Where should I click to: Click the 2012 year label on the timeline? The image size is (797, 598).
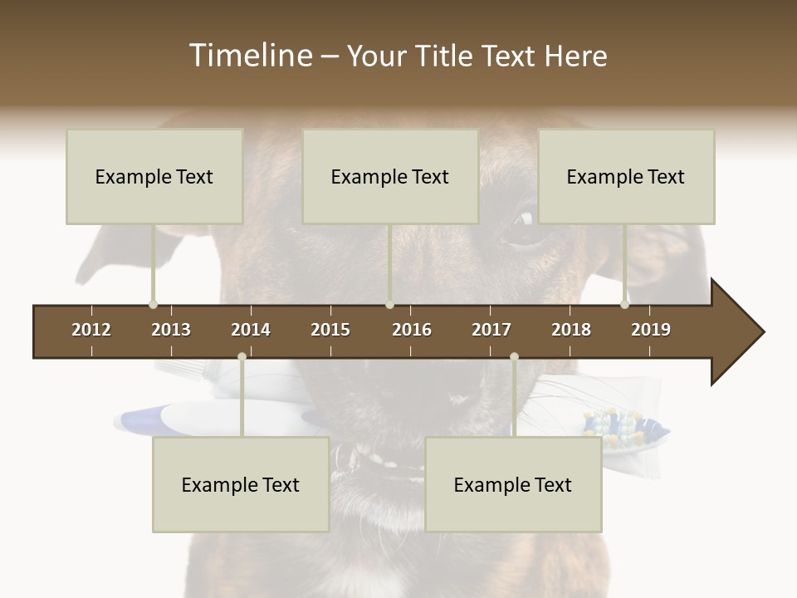tap(91, 330)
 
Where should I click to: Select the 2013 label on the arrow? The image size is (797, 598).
tap(171, 330)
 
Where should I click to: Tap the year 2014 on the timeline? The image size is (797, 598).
tap(251, 330)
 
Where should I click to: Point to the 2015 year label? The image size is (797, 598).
tap(330, 330)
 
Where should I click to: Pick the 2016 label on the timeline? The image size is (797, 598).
tap(412, 330)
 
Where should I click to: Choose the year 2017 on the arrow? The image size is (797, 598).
tap(491, 330)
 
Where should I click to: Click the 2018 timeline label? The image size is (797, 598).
tap(571, 330)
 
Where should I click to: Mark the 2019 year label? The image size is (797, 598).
tap(651, 330)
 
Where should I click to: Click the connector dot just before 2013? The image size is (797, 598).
tap(153, 305)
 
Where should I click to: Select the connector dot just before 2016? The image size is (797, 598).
tap(389, 305)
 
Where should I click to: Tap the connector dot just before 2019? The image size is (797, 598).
tap(624, 305)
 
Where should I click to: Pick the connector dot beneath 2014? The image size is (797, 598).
tap(242, 357)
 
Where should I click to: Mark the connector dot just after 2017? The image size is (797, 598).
tap(514, 357)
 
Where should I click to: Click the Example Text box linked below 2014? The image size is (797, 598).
tap(241, 484)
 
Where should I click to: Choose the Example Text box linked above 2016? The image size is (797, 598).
tap(390, 176)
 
